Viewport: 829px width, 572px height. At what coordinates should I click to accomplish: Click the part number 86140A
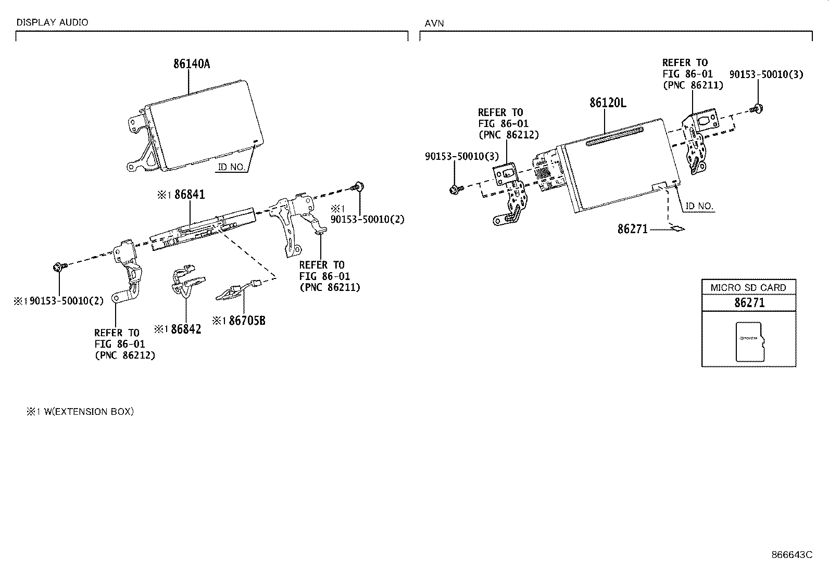point(192,64)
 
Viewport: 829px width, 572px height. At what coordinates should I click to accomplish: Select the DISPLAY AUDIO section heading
point(52,22)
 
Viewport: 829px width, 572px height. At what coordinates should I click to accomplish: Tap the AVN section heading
point(434,23)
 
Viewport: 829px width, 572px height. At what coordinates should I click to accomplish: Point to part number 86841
point(190,195)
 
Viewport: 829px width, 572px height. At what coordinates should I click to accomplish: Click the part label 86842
point(185,329)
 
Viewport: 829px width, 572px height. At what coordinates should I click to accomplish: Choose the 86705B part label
point(247,321)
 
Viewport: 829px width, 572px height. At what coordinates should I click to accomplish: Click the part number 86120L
point(608,103)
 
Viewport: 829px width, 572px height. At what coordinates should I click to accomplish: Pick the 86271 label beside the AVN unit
point(632,229)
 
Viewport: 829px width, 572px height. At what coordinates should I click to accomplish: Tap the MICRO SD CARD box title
point(748,287)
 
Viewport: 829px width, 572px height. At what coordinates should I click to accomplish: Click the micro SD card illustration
point(750,341)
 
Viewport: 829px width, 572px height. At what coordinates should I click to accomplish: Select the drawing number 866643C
point(792,555)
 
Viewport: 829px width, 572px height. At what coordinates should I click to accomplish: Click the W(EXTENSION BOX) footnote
point(86,412)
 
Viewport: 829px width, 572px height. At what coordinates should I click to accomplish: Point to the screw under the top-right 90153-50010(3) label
point(757,109)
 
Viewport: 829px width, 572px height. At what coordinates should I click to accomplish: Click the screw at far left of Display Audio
point(58,268)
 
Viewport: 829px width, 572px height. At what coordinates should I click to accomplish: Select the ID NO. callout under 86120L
point(699,206)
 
